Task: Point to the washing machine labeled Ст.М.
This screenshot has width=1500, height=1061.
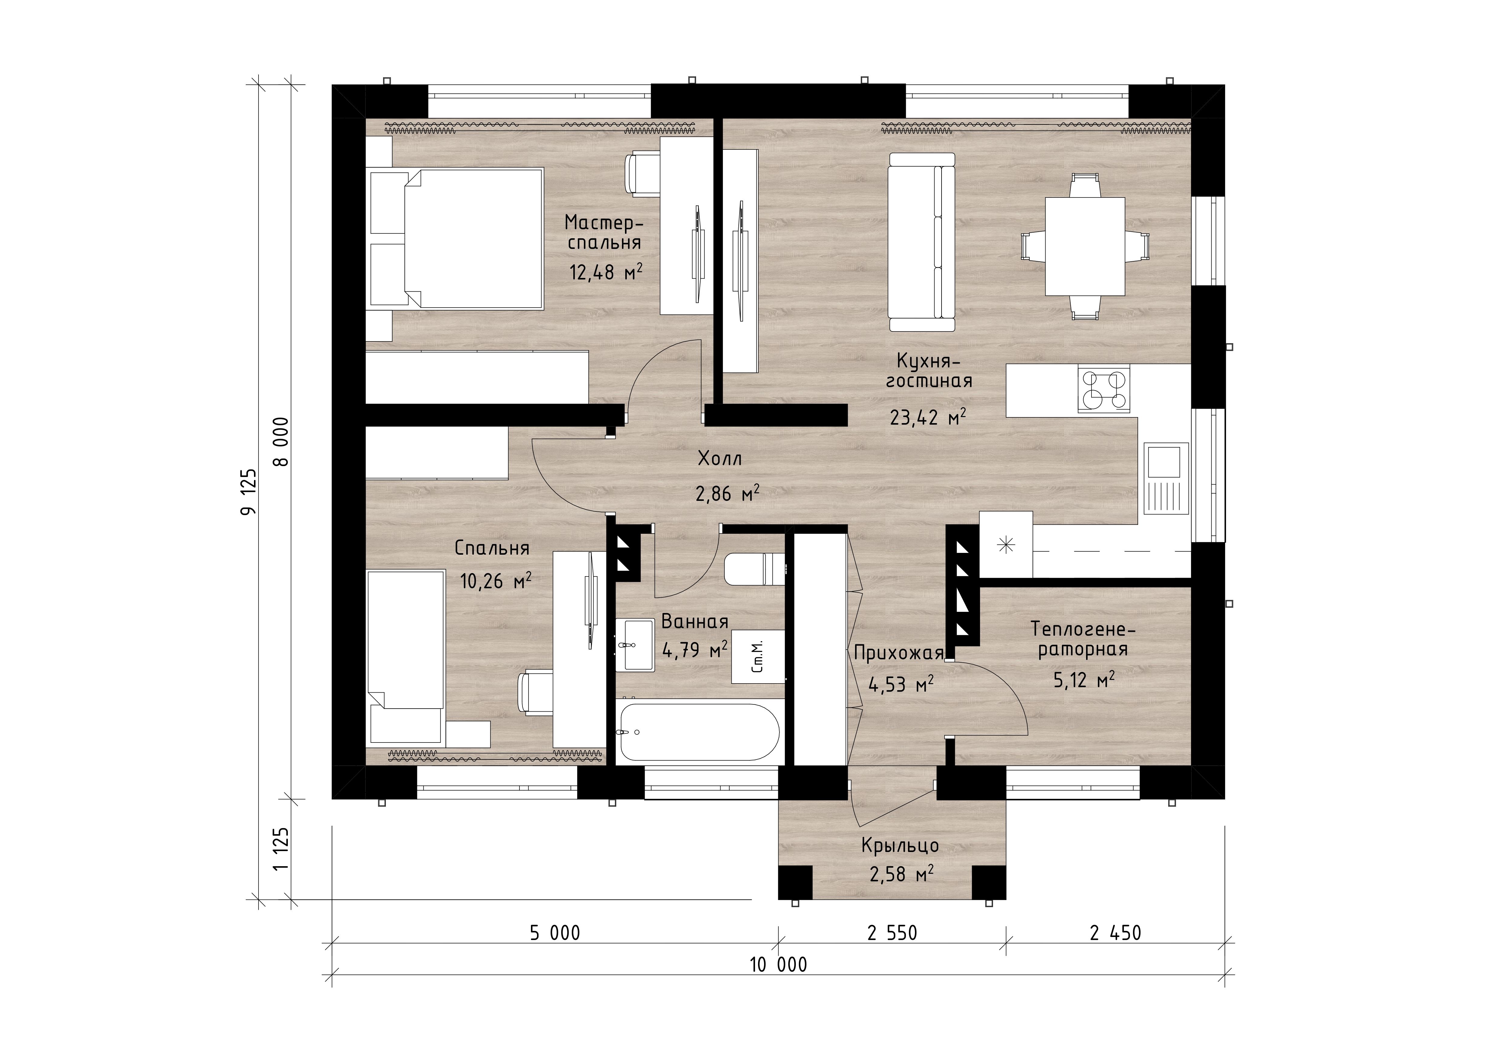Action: coord(758,657)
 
